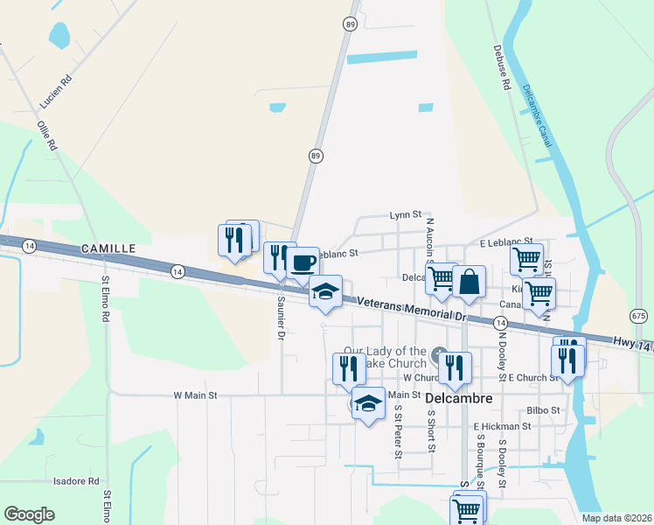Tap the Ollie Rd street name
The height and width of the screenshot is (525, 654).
pyautogui.click(x=47, y=133)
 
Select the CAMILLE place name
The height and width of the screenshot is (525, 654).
pyautogui.click(x=108, y=248)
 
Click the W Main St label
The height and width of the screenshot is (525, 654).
pyautogui.click(x=197, y=395)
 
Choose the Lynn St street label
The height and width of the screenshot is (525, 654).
pyautogui.click(x=406, y=214)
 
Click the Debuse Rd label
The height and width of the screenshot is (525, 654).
pyautogui.click(x=501, y=68)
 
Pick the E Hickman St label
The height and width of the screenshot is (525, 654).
pyautogui.click(x=502, y=426)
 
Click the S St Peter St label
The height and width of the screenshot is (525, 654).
pyautogui.click(x=397, y=430)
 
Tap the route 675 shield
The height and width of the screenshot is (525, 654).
pyautogui.click(x=638, y=314)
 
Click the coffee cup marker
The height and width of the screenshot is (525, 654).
pyautogui.click(x=303, y=262)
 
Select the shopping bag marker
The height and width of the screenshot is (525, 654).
pyautogui.click(x=470, y=281)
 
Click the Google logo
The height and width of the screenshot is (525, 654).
pyautogui.click(x=30, y=514)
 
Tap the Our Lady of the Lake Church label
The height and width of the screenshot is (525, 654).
pyautogui.click(x=385, y=358)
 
